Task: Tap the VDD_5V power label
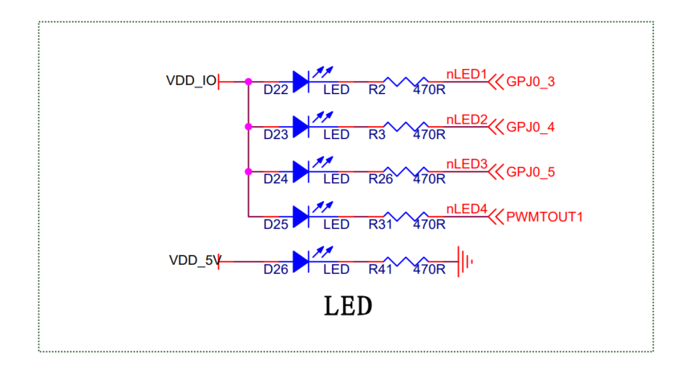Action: pos(193,261)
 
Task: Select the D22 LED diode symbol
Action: pos(302,80)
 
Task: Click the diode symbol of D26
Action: pos(302,261)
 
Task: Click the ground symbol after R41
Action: pos(464,261)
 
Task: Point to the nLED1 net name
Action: pos(467,74)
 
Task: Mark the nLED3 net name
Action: pos(467,164)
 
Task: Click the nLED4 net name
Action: pos(467,209)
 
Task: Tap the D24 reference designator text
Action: pos(276,180)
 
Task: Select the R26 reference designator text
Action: pos(381,180)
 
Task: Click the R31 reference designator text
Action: pos(381,225)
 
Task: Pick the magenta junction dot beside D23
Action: pos(249,126)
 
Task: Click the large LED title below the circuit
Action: pos(348,306)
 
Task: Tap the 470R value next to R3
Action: pos(429,135)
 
